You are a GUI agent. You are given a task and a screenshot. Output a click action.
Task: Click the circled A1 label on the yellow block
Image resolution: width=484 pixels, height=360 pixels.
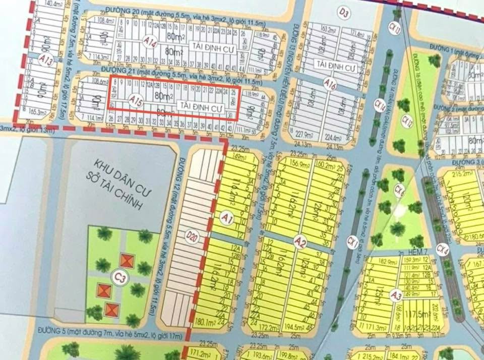pos(227,218)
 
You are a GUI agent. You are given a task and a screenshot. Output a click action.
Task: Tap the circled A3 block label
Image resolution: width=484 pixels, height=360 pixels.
pos(397,295)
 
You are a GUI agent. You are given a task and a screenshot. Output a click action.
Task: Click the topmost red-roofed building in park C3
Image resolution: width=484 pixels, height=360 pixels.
pos(127,261)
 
